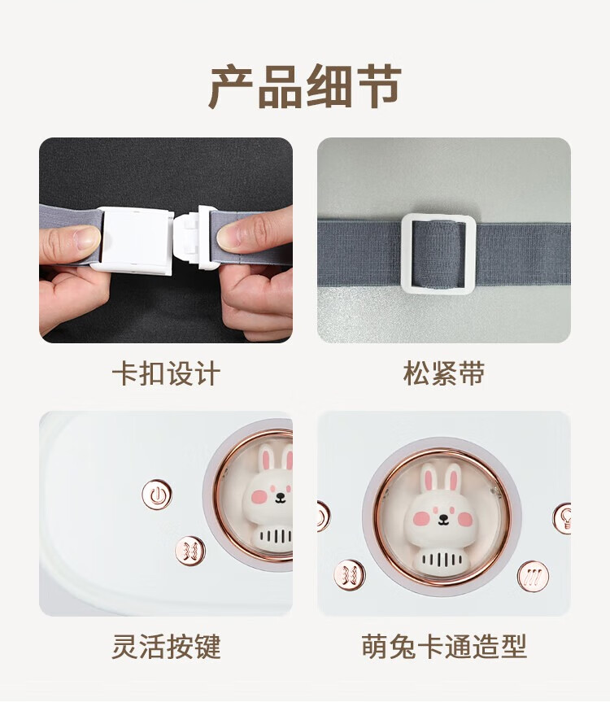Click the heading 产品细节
(x=305, y=86)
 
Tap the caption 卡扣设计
(x=166, y=373)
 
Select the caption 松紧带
(x=443, y=373)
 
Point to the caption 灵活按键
(x=166, y=646)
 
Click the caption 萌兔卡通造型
(x=443, y=646)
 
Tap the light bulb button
(x=563, y=518)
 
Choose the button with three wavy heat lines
(x=533, y=576)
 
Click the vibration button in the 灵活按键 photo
(x=190, y=551)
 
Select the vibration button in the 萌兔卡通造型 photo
(x=349, y=575)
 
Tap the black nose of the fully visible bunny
(x=443, y=518)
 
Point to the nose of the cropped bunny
(x=281, y=496)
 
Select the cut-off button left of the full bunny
(x=323, y=517)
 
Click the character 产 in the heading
(x=231, y=86)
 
